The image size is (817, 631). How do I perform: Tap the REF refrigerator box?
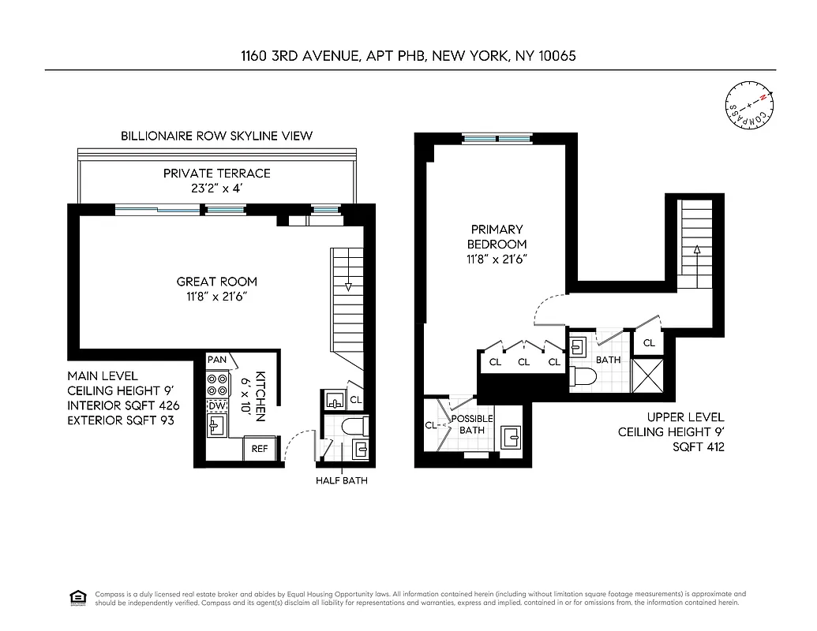pyautogui.click(x=260, y=448)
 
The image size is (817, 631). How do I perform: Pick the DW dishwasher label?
pyautogui.click(x=216, y=405)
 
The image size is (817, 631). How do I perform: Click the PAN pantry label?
pyautogui.click(x=216, y=360)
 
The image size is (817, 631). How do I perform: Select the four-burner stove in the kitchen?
pyautogui.click(x=216, y=384)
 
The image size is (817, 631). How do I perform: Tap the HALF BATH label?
pyautogui.click(x=341, y=480)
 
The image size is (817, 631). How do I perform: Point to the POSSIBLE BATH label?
pyautogui.click(x=472, y=424)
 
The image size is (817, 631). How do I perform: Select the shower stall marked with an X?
pyautogui.click(x=648, y=375)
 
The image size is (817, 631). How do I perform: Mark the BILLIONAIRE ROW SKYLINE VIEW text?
pyautogui.click(x=216, y=136)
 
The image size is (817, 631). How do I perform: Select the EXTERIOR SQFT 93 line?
pyautogui.click(x=122, y=420)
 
